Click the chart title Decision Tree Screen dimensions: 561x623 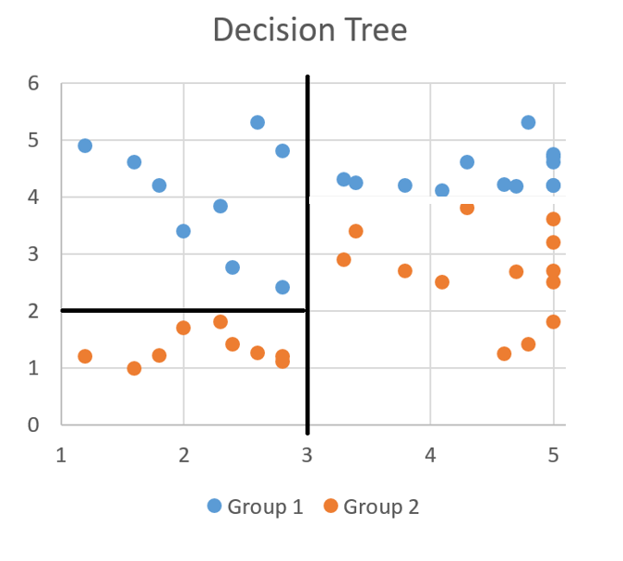click(310, 30)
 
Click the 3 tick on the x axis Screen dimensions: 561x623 click(307, 454)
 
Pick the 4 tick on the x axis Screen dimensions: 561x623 click(430, 454)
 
